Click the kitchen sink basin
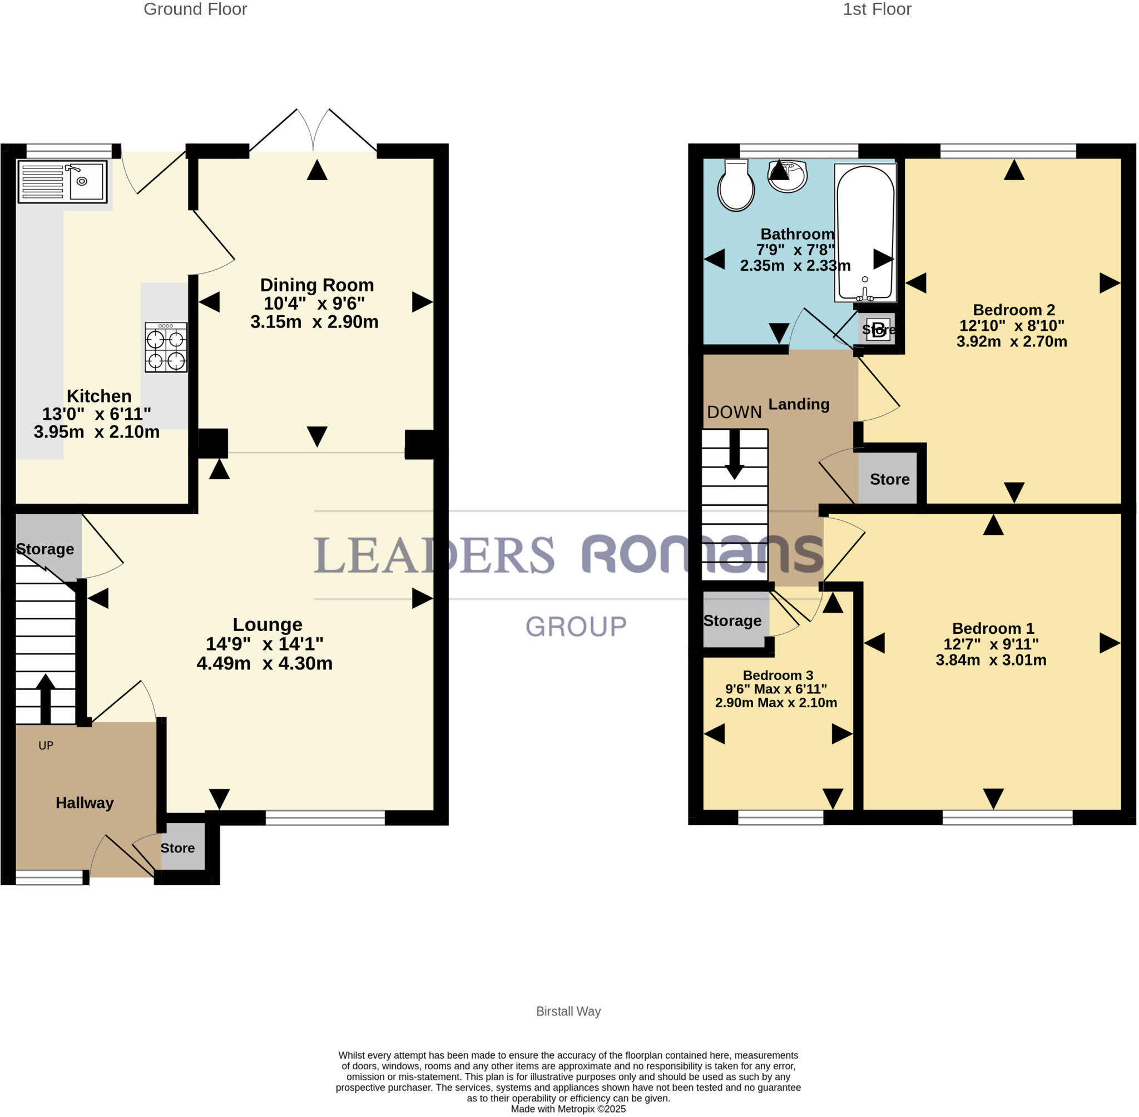pos(87,181)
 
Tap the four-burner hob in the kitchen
pos(166,347)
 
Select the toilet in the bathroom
pos(736,185)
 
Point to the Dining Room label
pos(317,285)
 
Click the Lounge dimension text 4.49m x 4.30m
pos(265,663)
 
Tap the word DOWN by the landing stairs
pos(734,413)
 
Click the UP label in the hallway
pos(46,746)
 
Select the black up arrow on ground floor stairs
pos(45,698)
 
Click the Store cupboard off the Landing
pos(889,479)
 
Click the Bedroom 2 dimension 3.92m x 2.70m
pos(1012,341)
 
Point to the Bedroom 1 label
pos(993,629)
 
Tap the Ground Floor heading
pos(195,9)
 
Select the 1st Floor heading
pos(876,9)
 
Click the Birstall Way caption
pos(568,1011)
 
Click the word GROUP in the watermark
pos(576,627)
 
